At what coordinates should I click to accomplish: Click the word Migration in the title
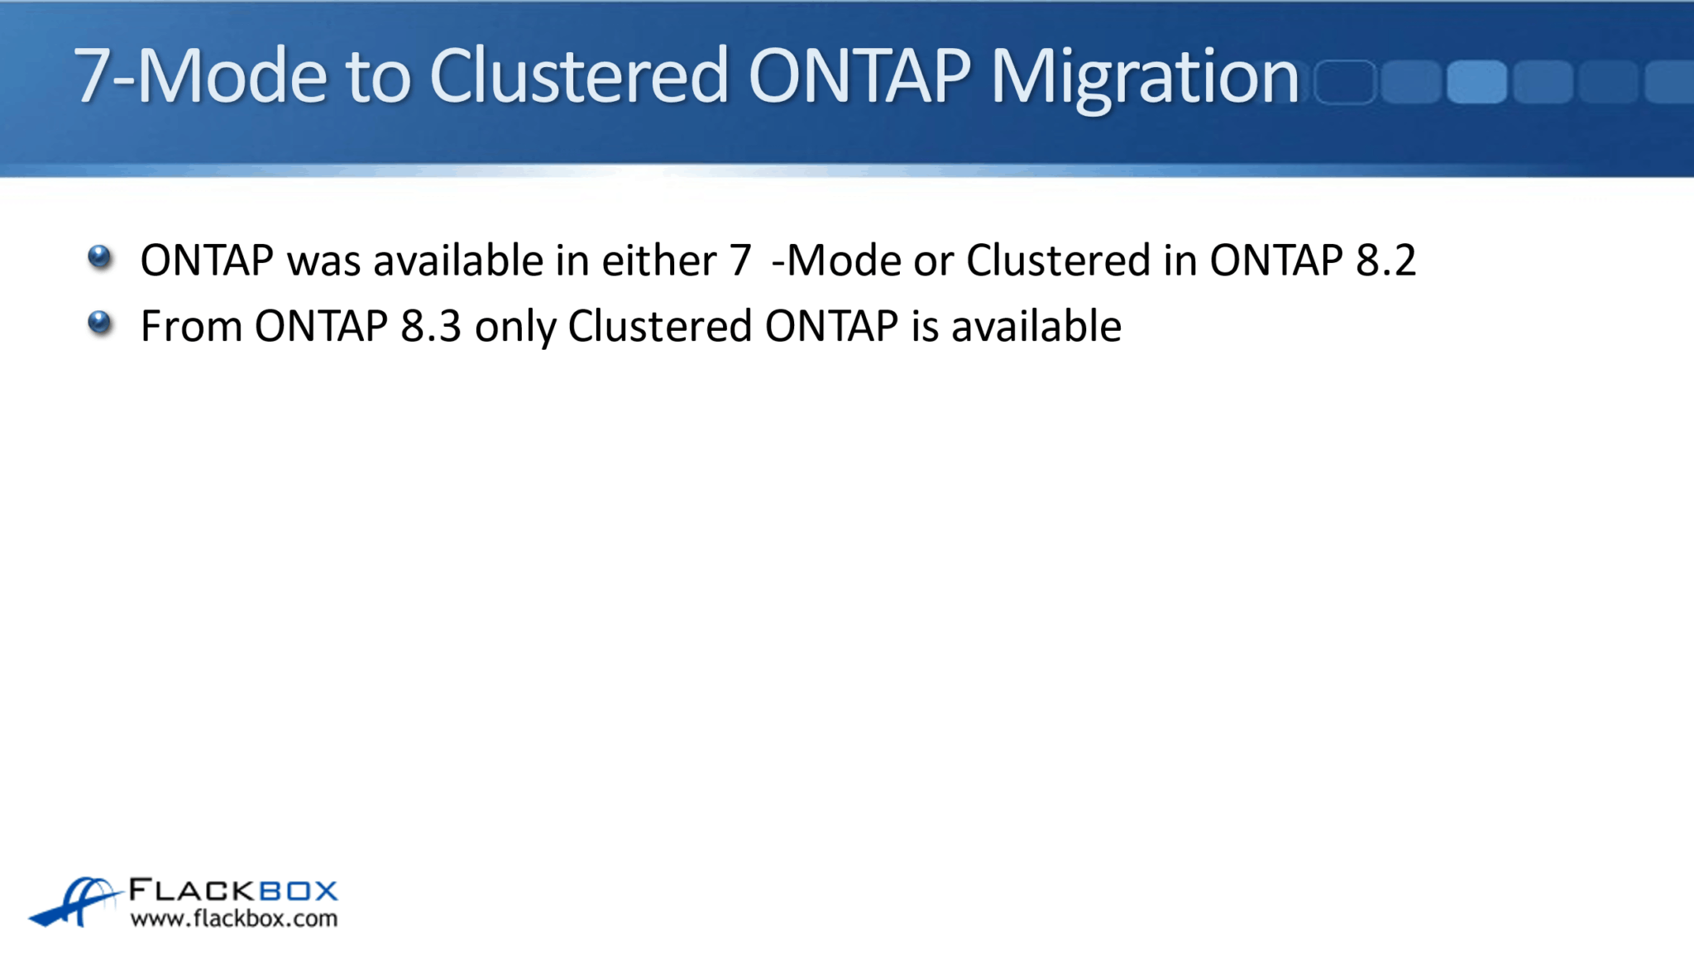pos(1145,77)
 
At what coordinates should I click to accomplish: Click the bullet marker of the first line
pos(99,257)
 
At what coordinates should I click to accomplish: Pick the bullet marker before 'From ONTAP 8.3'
pos(99,323)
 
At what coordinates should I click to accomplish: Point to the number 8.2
pos(1385,261)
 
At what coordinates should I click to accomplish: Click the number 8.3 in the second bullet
pos(430,326)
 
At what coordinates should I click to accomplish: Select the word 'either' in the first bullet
pos(658,261)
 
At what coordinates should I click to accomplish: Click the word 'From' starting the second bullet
pos(190,326)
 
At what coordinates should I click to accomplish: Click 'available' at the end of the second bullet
pos(1036,326)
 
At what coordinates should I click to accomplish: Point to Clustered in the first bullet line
pos(1058,261)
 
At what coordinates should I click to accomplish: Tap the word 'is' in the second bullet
pos(924,326)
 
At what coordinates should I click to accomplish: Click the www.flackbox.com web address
pos(234,918)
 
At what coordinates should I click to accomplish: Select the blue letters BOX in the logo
pos(299,891)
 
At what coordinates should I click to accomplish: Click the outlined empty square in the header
pos(1344,82)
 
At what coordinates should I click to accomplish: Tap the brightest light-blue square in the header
pos(1476,82)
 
